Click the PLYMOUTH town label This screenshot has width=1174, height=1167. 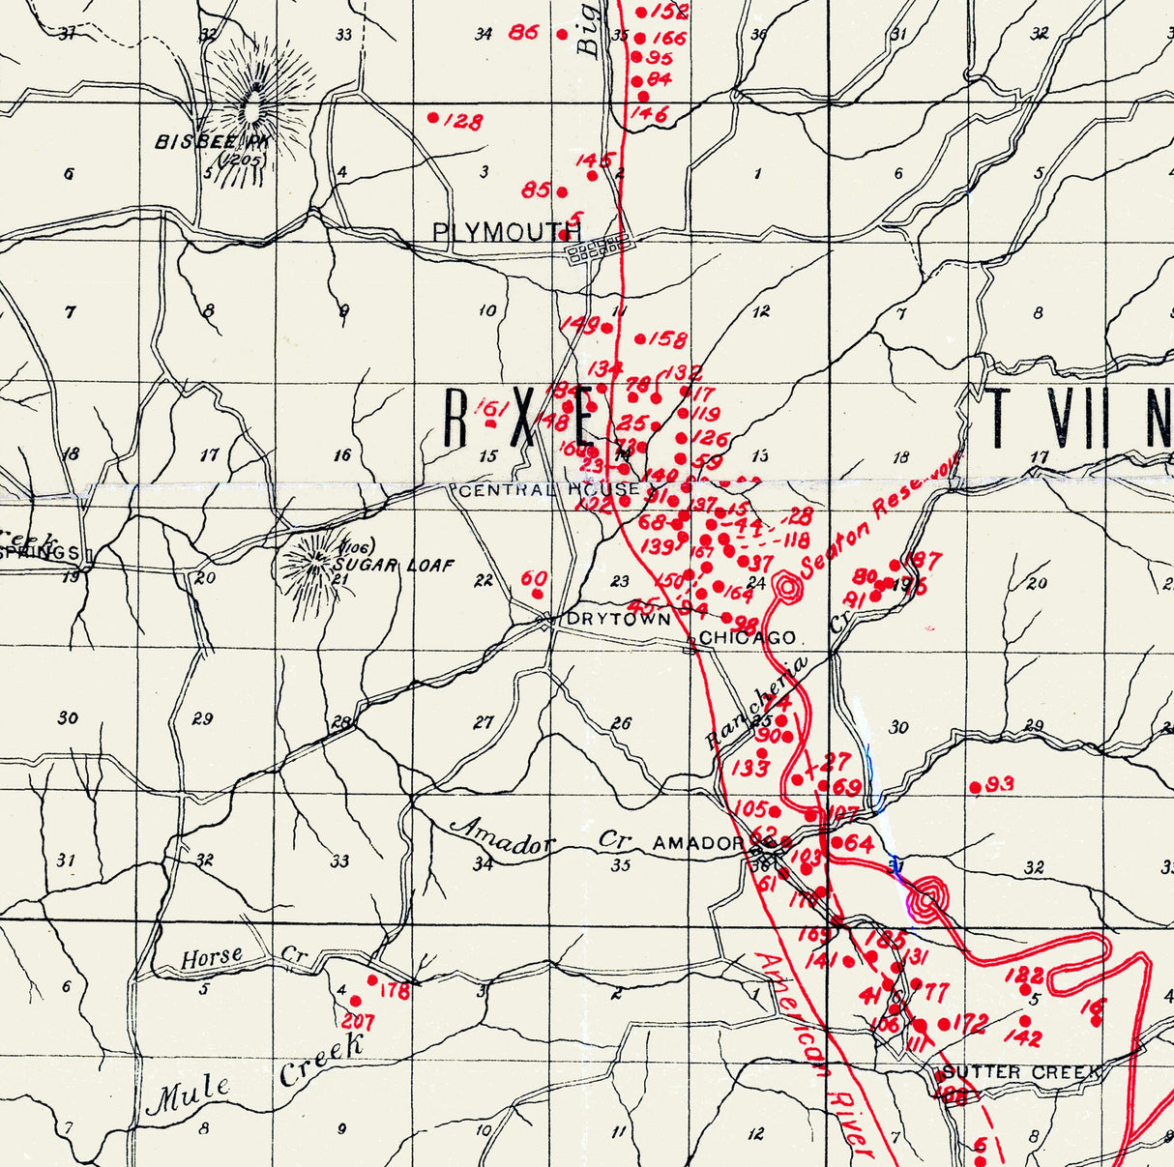click(506, 232)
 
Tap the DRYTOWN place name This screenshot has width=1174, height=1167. click(618, 619)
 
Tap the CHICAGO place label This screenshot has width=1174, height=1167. click(747, 638)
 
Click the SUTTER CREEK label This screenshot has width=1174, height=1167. click(1021, 1072)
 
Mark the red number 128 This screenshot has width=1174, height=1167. click(462, 122)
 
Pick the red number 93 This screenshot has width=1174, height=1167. click(1000, 783)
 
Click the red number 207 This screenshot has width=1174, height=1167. click(358, 1020)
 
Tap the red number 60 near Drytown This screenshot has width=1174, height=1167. click(534, 578)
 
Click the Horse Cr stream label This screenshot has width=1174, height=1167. click(243, 957)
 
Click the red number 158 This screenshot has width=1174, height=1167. click(668, 339)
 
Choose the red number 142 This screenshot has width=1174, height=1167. click(1023, 1039)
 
